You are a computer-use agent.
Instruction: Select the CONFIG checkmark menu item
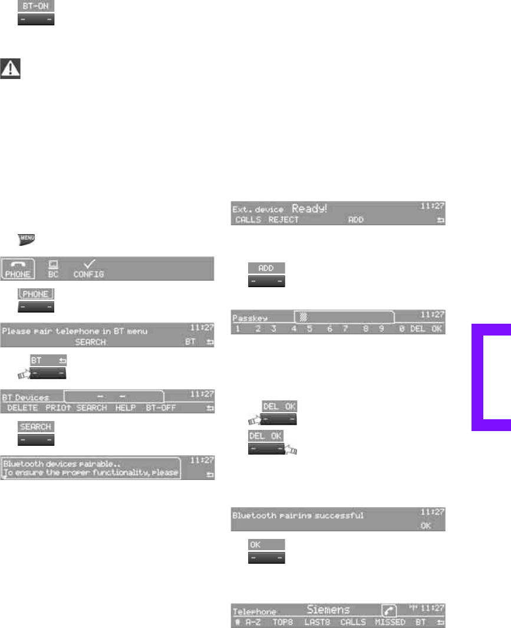(88, 269)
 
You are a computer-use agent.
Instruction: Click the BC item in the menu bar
(54, 269)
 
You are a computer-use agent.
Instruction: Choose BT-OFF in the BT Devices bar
(161, 408)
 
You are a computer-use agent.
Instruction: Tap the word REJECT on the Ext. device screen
(283, 220)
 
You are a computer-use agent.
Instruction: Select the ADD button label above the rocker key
(266, 268)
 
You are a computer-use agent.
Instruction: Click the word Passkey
(246, 317)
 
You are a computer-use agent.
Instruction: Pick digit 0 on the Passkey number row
(401, 329)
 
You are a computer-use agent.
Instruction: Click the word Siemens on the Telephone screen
(328, 610)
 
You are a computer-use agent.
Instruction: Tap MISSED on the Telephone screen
(390, 622)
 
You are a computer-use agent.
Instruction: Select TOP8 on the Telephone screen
(282, 622)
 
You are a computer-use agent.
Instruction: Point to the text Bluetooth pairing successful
(298, 515)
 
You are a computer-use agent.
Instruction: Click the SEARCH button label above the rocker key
(36, 426)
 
